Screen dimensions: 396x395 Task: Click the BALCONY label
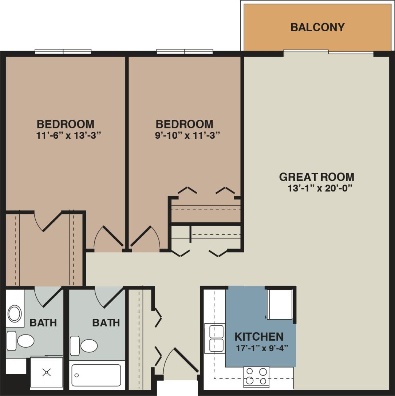click(x=317, y=28)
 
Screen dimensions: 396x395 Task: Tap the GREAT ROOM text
click(x=316, y=177)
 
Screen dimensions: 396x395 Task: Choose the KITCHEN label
click(x=259, y=336)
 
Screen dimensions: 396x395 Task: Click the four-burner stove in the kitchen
click(x=256, y=376)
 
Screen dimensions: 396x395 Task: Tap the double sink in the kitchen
click(x=214, y=338)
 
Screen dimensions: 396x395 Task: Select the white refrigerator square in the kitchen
click(x=280, y=304)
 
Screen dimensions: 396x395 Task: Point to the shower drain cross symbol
click(x=46, y=372)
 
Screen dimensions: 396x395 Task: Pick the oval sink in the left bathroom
click(x=15, y=314)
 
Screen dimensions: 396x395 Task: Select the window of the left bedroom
click(x=63, y=52)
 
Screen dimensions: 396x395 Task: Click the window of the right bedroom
click(x=185, y=52)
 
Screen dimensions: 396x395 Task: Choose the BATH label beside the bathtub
click(x=106, y=322)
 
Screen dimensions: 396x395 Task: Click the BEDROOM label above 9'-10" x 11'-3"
click(x=185, y=124)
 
